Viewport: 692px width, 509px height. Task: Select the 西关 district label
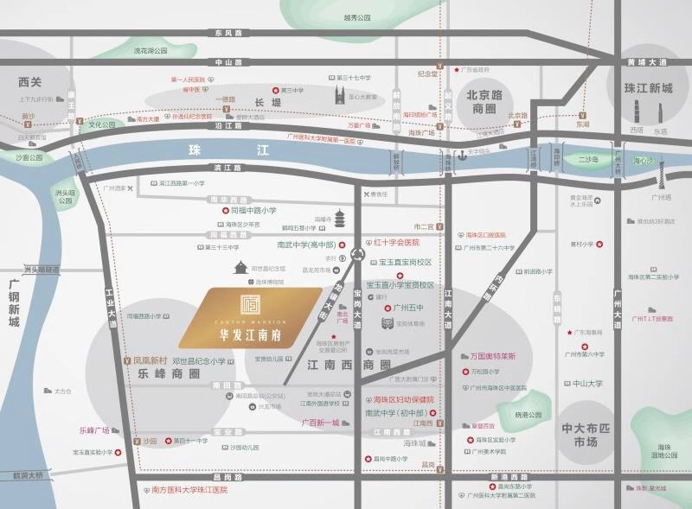click(30, 82)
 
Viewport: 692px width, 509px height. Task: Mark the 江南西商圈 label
click(349, 366)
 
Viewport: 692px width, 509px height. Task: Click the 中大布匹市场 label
click(586, 435)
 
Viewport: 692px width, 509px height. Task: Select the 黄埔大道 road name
click(647, 62)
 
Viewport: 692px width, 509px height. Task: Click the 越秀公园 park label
click(356, 17)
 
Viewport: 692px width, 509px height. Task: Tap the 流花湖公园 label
click(150, 51)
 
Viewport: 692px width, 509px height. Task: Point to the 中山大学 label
click(587, 383)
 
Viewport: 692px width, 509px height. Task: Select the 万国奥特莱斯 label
click(494, 356)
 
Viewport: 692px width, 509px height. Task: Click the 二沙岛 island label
click(587, 160)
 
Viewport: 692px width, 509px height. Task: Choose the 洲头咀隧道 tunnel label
click(42, 269)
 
